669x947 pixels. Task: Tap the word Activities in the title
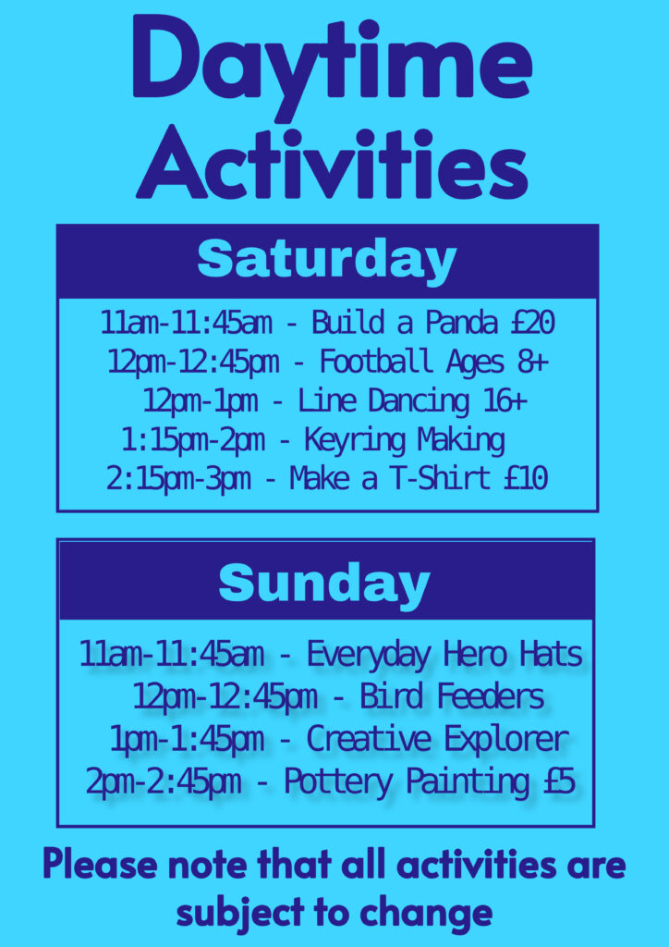(332, 162)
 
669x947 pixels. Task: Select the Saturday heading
(326, 262)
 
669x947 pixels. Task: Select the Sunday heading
(324, 584)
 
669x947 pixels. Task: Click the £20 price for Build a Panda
(532, 324)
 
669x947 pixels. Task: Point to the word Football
(376, 363)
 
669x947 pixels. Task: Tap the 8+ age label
(532, 363)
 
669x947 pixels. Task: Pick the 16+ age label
(505, 402)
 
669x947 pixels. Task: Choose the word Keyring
(355, 442)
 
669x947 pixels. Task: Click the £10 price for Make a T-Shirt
(526, 480)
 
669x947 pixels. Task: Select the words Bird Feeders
(452, 697)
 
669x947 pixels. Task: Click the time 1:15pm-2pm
(193, 442)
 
